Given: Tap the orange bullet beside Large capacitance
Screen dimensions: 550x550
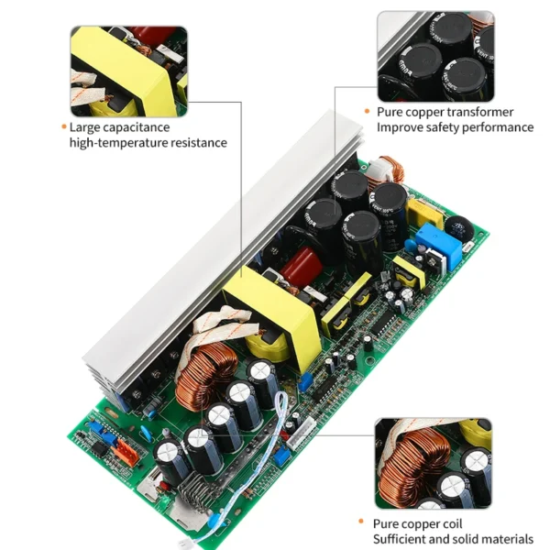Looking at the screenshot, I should [63, 127].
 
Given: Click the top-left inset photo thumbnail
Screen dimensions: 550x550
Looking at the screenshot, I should [129, 71].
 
